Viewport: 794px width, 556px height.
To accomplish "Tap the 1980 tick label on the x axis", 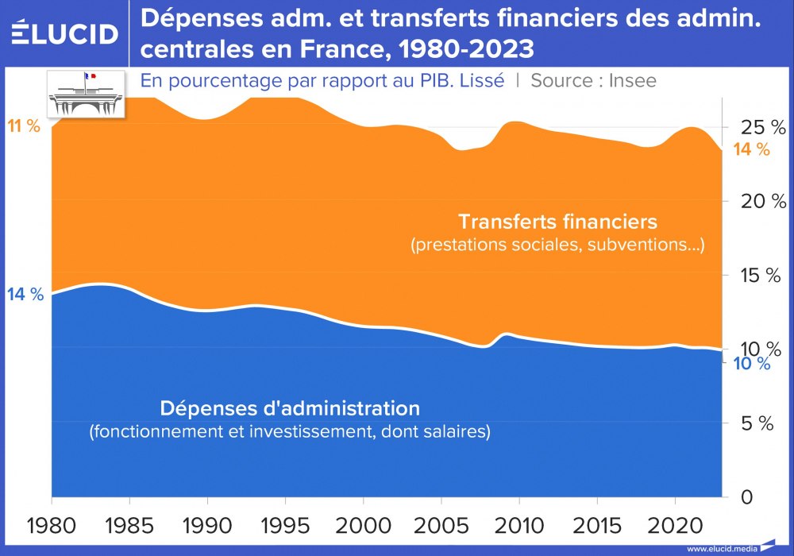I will pos(52,525).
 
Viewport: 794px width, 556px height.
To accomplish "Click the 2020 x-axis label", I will pos(674,525).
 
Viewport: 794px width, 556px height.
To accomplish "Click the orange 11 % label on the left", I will pos(24,126).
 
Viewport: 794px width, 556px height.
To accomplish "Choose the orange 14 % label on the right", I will pos(752,149).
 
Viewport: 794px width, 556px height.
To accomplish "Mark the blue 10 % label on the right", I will pos(751,365).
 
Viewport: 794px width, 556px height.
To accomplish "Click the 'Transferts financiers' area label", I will pos(557,220).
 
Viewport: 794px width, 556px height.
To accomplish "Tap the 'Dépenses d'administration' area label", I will pos(290,409).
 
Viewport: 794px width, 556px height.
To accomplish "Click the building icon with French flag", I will pos(87,94).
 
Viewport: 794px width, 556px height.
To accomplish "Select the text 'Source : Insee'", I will pos(593,81).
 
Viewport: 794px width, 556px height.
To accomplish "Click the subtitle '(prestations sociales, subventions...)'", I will pos(557,245).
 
